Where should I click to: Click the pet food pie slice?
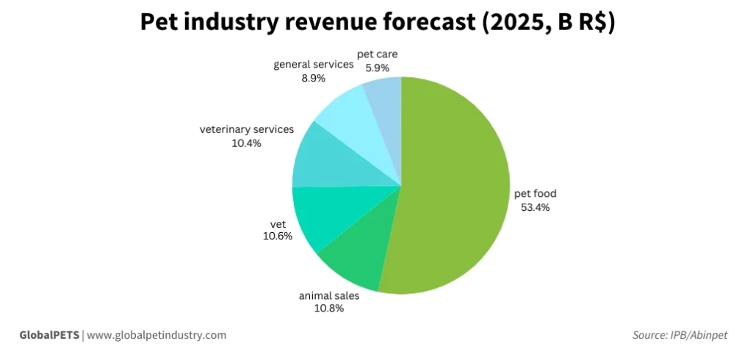(455, 184)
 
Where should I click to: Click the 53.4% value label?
(536, 207)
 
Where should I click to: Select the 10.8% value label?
(329, 309)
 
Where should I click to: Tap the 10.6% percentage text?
(278, 236)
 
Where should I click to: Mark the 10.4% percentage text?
(246, 143)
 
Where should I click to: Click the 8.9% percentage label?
(314, 78)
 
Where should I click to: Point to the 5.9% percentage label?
(377, 68)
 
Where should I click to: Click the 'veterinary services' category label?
(247, 129)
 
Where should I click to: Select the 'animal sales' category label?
(329, 295)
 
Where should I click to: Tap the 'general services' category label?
(314, 65)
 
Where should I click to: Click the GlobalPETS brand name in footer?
(49, 335)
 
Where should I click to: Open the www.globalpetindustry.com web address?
(156, 335)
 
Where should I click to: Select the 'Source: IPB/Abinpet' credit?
(680, 335)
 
